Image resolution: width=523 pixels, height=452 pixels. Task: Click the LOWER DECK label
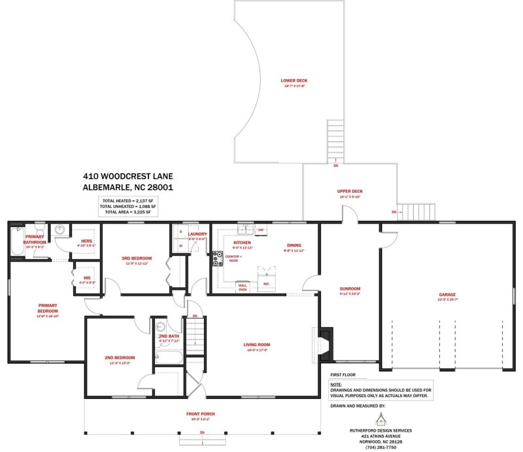[294, 81]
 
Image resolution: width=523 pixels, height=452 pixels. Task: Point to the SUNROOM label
[350, 288]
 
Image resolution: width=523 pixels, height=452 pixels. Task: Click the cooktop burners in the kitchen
[216, 258]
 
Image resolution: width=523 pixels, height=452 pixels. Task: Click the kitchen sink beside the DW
[246, 230]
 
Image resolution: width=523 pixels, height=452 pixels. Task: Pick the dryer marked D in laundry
[180, 232]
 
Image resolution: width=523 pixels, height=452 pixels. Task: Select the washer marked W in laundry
[180, 246]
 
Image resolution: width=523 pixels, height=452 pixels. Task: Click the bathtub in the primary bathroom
[18, 241]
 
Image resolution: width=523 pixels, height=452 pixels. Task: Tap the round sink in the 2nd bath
[161, 326]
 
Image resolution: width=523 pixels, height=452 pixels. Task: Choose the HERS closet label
[86, 241]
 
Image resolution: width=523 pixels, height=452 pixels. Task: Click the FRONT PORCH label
[200, 414]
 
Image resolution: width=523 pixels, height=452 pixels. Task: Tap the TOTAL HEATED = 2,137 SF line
[129, 200]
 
